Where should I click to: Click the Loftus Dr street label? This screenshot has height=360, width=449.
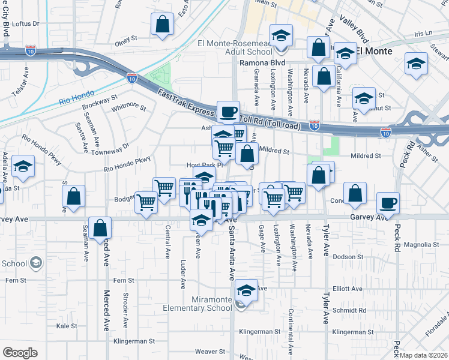(x=25, y=24)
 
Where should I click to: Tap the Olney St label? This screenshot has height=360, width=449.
(x=127, y=44)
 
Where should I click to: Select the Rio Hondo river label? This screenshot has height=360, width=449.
(x=74, y=100)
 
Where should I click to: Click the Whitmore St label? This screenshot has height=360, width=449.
(x=129, y=107)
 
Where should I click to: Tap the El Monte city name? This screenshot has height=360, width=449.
(x=375, y=52)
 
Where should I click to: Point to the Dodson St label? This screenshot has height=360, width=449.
(x=348, y=256)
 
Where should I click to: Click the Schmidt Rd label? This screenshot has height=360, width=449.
(x=349, y=311)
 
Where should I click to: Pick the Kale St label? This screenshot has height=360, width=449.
(x=63, y=326)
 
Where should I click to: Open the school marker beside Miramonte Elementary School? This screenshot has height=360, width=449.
(x=246, y=291)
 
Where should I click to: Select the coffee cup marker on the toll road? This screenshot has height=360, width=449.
(x=228, y=112)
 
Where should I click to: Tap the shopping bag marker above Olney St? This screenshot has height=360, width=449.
(x=163, y=25)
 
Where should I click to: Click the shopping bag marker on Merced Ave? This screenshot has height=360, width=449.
(x=100, y=228)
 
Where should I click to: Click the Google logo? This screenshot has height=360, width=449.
(x=20, y=352)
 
